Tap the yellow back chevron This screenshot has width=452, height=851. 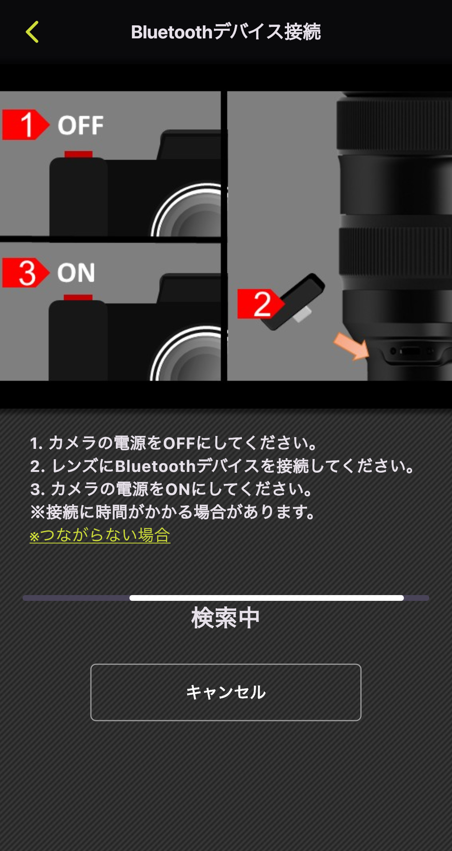pos(32,32)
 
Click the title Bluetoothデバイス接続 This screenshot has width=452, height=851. pos(225,32)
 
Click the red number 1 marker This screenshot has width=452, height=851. pos(25,125)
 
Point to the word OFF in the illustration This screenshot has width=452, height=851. pos(81,125)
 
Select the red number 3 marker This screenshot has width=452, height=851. pos(25,273)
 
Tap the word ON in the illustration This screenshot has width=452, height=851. pos(76,273)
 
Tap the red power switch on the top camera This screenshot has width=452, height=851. pos(78,154)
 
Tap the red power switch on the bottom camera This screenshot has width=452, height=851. pos(78,298)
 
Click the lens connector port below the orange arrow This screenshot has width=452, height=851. pos(410,351)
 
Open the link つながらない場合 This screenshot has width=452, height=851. pos(100,535)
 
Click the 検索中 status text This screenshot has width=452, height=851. pos(225,618)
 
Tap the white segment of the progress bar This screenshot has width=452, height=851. pos(266,598)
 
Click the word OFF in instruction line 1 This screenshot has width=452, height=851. pos(179,444)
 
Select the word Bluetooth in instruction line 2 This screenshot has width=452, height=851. pos(156,466)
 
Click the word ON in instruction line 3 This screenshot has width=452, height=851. pos(178,489)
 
